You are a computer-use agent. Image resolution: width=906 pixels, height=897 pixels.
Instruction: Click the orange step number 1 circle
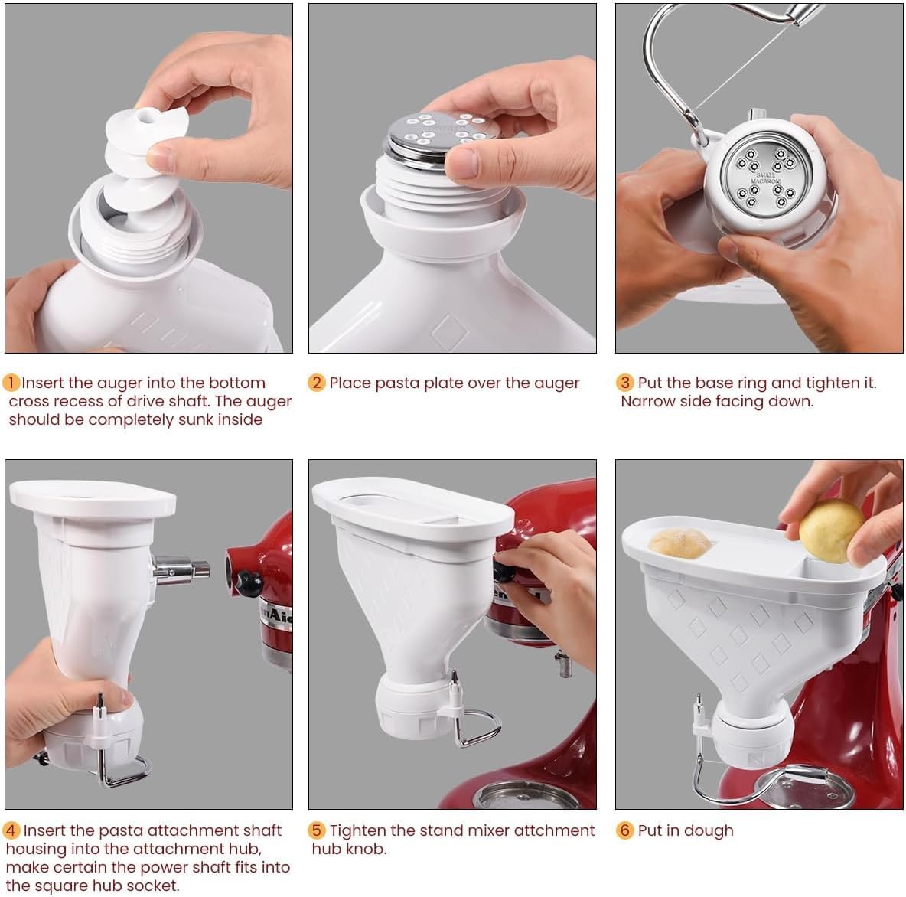click(x=11, y=383)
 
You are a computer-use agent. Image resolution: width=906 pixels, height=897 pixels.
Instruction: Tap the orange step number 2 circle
click(x=317, y=383)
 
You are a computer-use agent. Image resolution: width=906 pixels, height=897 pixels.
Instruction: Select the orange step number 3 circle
click(x=626, y=383)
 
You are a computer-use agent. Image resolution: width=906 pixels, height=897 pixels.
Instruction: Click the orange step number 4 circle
click(x=11, y=830)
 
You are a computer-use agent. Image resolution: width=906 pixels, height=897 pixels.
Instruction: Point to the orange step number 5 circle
click(x=317, y=830)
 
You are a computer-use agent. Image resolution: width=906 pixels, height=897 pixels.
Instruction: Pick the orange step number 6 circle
click(x=626, y=830)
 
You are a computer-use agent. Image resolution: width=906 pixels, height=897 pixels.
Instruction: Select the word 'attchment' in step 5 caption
click(x=549, y=830)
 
